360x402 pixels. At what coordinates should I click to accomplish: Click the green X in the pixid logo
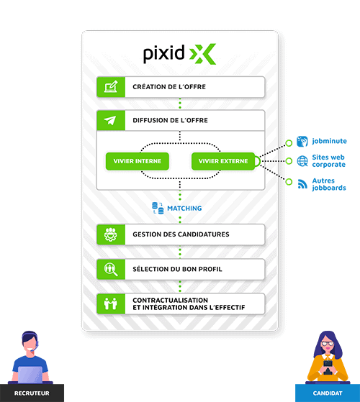click(203, 54)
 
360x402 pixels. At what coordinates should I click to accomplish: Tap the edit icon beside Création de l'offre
click(111, 86)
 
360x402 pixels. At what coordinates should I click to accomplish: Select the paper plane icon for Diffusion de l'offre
click(110, 120)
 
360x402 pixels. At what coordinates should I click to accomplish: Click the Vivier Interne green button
click(138, 161)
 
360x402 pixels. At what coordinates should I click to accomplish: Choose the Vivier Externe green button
click(223, 161)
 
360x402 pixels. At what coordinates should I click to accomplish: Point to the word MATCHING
click(184, 208)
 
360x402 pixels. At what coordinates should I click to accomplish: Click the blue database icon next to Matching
click(158, 208)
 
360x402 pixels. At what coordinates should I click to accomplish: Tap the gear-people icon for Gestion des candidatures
click(111, 234)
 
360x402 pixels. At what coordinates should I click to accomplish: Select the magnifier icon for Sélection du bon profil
click(111, 269)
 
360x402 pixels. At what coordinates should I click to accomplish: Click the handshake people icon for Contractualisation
click(111, 303)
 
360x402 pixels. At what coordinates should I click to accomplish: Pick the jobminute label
click(329, 141)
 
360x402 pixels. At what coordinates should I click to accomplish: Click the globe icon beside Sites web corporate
click(302, 161)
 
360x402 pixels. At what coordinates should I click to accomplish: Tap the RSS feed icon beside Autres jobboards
click(302, 184)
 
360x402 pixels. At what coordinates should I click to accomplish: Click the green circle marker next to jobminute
click(289, 143)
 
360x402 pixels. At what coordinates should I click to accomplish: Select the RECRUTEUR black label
click(32, 393)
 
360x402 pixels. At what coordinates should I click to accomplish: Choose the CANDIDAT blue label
click(328, 393)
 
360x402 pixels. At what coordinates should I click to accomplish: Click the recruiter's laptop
click(30, 375)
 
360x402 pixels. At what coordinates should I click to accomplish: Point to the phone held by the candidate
click(328, 367)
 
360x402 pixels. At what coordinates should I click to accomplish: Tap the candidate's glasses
click(328, 344)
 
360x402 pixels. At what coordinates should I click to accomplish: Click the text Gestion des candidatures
click(181, 234)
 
